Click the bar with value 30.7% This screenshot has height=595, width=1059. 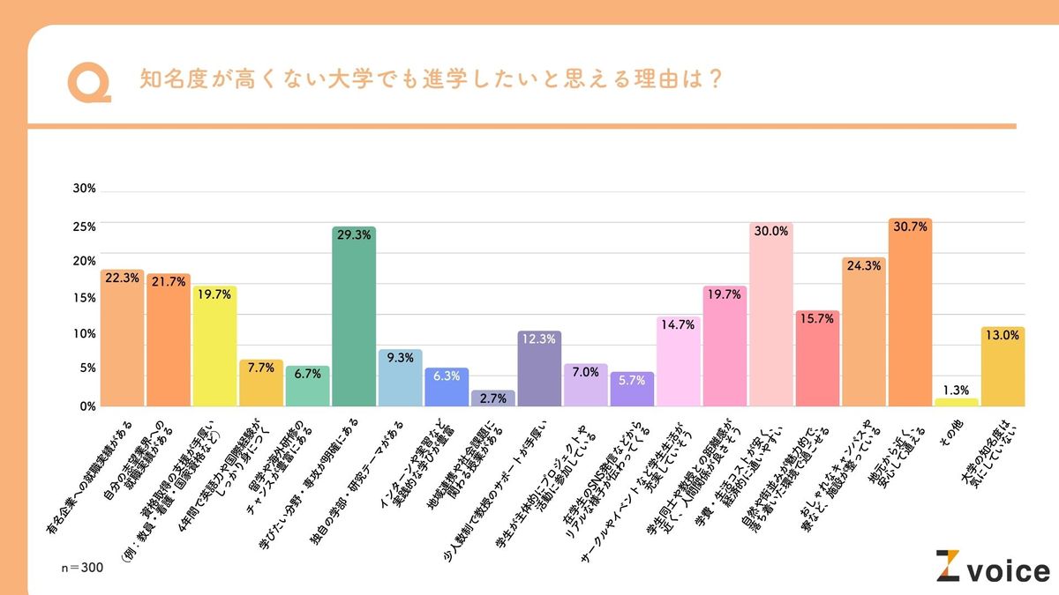tap(910, 317)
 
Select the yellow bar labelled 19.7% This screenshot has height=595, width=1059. tap(214, 348)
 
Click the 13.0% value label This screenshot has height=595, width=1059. tap(1003, 335)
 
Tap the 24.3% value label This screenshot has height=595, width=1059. tap(863, 264)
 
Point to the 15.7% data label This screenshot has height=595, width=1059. tap(817, 318)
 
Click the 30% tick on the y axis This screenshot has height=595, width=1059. tap(85, 190)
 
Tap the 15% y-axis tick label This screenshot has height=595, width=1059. tap(85, 298)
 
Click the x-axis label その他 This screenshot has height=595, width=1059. tap(951, 433)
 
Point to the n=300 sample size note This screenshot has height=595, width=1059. tap(83, 568)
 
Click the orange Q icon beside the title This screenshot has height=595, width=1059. tap(88, 82)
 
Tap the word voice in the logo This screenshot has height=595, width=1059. tap(1008, 570)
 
